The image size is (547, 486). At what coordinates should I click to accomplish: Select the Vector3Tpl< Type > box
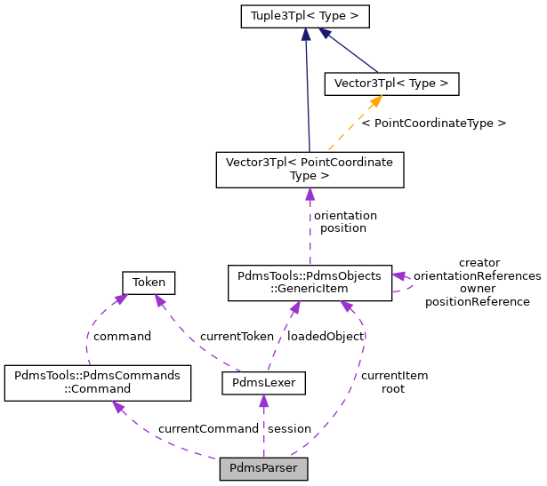pos(391,84)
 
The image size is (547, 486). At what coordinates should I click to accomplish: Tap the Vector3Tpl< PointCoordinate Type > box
pos(310,170)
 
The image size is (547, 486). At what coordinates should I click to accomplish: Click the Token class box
pos(149,283)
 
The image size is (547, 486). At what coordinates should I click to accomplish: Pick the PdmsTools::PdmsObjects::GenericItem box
pos(310,282)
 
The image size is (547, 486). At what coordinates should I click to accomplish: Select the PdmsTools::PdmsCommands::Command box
pos(98,383)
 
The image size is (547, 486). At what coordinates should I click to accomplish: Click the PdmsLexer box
pos(263,383)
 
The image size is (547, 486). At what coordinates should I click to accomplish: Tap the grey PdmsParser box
pos(263,468)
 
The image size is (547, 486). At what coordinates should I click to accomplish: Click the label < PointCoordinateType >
pos(434,123)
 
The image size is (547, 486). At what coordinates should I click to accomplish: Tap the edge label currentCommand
pos(208,429)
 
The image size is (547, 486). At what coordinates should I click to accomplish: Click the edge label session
pos(289,429)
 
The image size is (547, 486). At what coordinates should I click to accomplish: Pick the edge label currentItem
pos(394,376)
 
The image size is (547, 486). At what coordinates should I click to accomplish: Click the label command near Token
pos(121,337)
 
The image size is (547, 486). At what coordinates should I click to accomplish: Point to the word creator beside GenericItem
pos(479,263)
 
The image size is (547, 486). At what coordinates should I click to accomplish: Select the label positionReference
pos(477,302)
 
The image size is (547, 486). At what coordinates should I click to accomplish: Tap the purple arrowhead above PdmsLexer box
pos(263,402)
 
